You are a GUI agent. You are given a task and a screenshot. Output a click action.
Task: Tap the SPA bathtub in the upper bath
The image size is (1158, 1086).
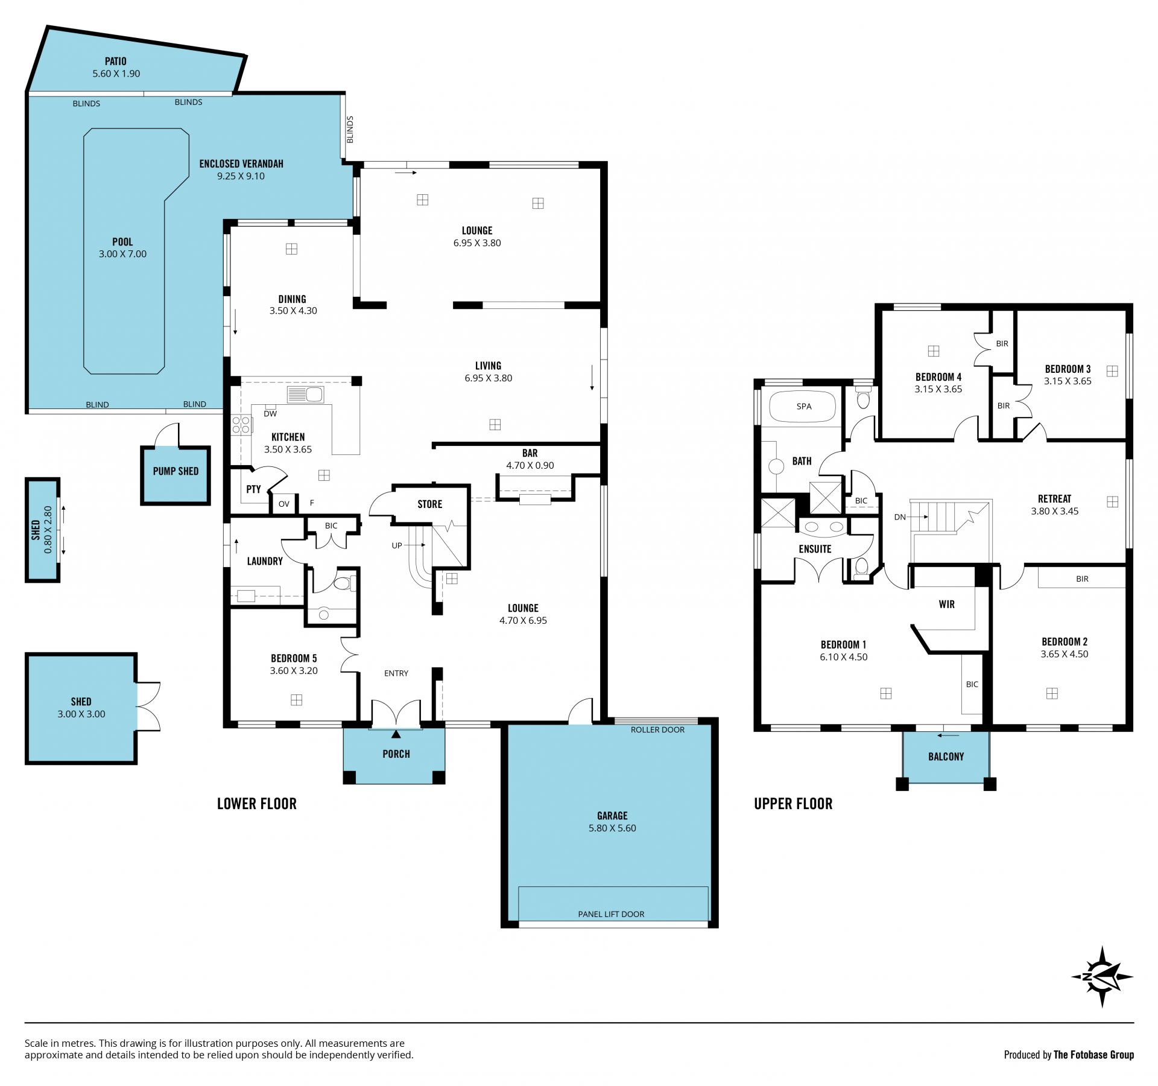804,407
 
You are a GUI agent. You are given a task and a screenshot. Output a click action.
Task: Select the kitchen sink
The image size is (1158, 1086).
306,395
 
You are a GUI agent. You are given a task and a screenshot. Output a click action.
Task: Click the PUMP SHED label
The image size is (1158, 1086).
176,471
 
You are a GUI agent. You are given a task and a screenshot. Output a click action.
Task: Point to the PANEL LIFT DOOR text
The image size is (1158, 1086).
611,914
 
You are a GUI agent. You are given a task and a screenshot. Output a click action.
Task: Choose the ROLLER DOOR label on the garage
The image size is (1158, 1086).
657,730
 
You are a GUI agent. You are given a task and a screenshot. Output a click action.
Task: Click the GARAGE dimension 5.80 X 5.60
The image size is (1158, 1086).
612,828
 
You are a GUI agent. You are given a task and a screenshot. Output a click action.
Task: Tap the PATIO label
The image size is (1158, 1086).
116,61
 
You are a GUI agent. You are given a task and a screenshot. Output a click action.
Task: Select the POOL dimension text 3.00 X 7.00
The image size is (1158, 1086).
122,254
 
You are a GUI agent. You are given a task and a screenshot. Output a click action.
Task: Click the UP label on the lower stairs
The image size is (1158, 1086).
397,545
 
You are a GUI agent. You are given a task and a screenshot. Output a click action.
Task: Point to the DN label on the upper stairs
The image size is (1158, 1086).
900,517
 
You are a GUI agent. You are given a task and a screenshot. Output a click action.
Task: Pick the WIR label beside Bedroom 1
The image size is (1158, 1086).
946,605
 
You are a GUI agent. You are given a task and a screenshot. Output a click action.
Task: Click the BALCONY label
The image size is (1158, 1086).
946,757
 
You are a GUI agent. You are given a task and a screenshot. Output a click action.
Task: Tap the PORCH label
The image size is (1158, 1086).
396,754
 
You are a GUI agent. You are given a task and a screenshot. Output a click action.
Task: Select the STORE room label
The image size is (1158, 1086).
429,504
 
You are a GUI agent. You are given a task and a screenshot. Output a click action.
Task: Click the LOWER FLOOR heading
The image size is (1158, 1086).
257,804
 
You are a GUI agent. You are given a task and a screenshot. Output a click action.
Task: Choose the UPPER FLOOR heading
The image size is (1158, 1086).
793,804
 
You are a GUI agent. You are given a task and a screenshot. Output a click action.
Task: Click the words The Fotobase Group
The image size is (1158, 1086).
1093,1055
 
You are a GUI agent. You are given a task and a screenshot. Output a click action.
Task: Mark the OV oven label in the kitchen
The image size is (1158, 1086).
283,504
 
